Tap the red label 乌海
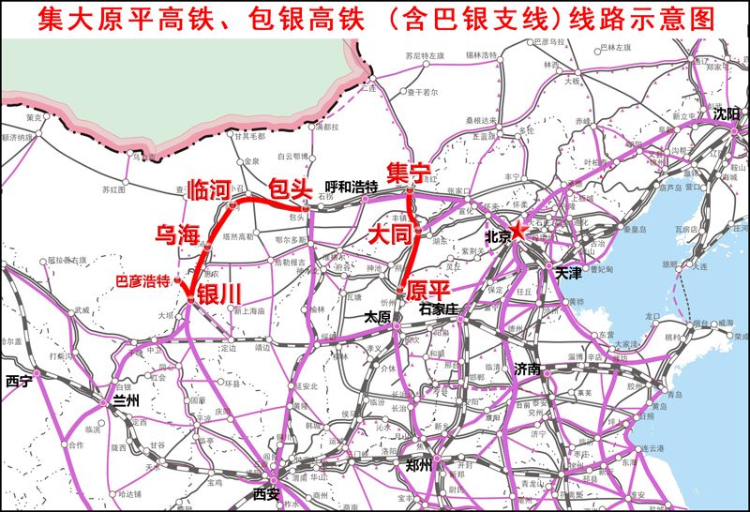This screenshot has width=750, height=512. [x=176, y=234]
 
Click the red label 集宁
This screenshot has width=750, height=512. [x=407, y=172]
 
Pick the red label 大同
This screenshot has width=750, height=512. [x=390, y=233]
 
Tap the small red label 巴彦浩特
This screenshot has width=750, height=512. [x=142, y=279]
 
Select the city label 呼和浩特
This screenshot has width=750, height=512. [x=351, y=187]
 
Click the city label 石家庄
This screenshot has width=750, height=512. [x=437, y=308]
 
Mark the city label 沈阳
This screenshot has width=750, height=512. [x=725, y=113]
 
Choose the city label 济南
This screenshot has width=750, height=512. [x=527, y=369]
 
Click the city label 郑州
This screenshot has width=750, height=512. [x=418, y=465]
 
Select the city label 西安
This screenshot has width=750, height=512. [x=266, y=492]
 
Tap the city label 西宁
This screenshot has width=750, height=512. [x=18, y=382]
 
